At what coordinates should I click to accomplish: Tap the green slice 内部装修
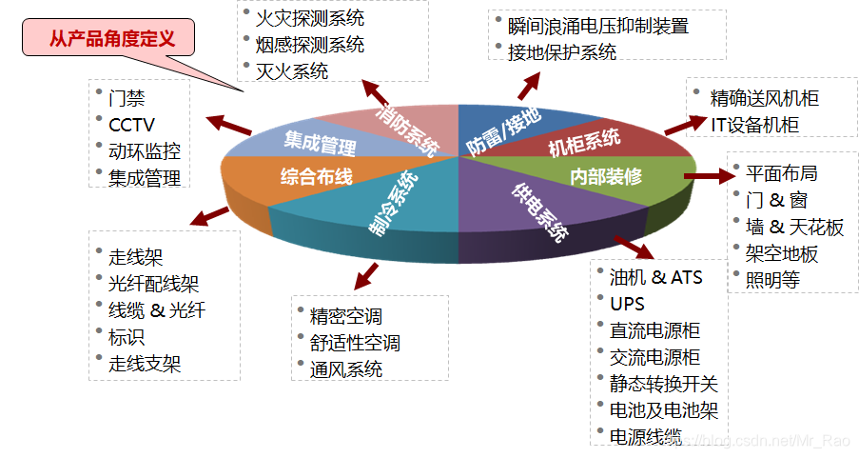(606, 176)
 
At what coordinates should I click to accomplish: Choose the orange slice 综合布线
(316, 177)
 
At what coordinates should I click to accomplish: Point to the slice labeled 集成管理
(319, 145)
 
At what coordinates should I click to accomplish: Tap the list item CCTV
(131, 125)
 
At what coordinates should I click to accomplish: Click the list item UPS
(627, 304)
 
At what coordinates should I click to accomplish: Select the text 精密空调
(346, 316)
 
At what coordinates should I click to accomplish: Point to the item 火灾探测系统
(310, 17)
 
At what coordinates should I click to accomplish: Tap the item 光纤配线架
(154, 283)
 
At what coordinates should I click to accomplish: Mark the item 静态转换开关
(664, 384)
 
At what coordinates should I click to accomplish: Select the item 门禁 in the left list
(127, 98)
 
